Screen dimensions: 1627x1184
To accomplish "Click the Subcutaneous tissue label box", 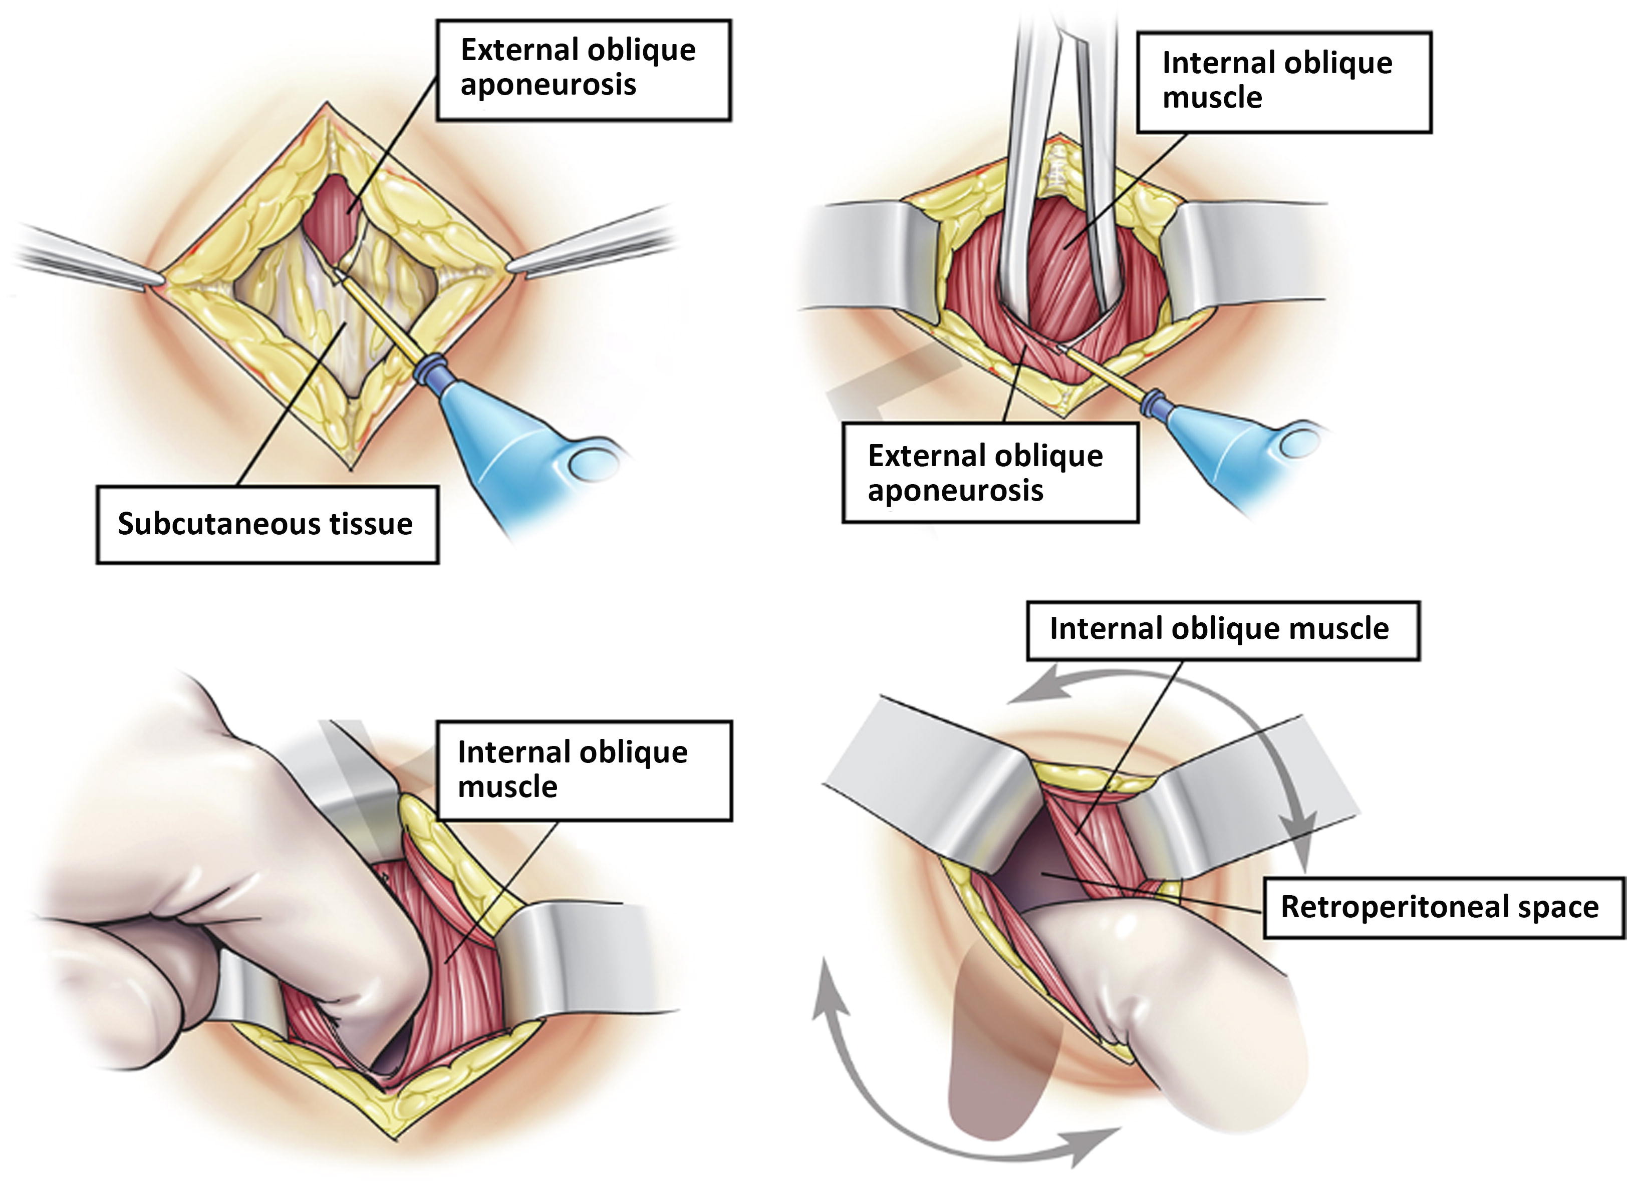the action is pyautogui.click(x=267, y=524).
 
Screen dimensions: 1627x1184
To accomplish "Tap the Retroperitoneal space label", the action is pyautogui.click(x=1443, y=907).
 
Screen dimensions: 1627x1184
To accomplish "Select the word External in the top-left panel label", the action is pyautogui.click(x=518, y=50).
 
